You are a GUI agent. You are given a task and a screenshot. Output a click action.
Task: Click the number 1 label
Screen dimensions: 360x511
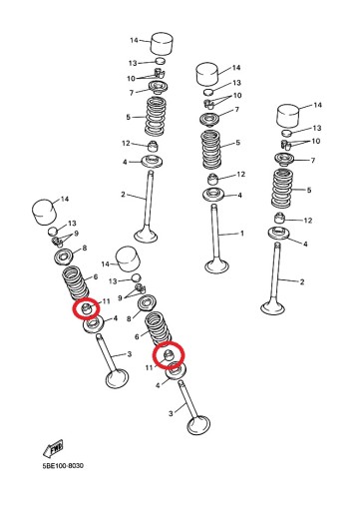click(242, 234)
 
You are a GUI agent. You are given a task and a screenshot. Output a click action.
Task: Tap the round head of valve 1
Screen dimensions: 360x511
click(217, 266)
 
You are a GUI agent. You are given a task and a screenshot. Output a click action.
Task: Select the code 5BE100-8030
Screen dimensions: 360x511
click(63, 465)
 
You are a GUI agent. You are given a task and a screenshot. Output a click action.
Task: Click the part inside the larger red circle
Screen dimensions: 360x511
click(169, 355)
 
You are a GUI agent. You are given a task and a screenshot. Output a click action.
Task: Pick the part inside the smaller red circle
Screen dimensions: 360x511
click(87, 308)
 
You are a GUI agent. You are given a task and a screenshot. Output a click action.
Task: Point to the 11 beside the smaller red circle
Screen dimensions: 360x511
click(106, 301)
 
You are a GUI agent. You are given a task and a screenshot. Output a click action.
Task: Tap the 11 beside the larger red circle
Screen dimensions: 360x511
click(149, 367)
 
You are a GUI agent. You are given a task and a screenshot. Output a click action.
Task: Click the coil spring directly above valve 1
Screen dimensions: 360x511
click(211, 150)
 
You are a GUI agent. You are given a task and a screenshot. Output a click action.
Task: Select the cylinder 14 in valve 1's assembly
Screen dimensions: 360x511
click(208, 74)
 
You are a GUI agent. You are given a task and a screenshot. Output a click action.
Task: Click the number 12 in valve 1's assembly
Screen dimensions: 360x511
click(240, 174)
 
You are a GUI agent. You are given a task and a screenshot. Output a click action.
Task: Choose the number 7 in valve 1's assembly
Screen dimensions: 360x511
click(237, 110)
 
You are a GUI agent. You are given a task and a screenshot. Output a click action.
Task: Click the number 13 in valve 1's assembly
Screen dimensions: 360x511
click(236, 83)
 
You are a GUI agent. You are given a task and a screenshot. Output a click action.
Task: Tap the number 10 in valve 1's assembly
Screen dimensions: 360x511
click(237, 96)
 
